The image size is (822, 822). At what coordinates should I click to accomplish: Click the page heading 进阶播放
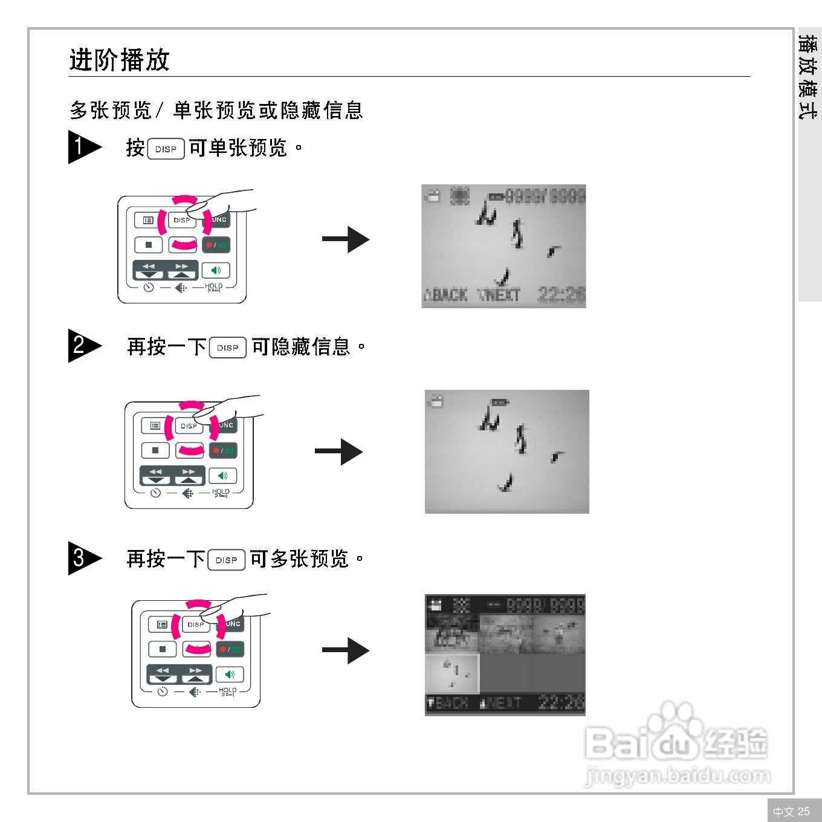(119, 60)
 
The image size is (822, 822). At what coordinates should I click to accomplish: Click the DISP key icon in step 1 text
(166, 149)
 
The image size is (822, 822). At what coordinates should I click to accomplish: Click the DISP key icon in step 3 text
(226, 560)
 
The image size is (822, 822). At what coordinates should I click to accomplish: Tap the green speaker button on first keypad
(216, 270)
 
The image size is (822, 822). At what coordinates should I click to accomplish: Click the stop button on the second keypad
(155, 450)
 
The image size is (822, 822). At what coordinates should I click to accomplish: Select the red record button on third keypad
(230, 649)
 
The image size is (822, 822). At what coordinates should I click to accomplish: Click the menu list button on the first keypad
(147, 220)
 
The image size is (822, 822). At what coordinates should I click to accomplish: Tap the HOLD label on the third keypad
(228, 690)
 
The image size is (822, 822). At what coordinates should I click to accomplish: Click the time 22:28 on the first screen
(561, 294)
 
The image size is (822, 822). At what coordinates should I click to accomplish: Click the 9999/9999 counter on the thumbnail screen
(545, 605)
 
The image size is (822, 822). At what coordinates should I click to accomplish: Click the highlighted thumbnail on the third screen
(451, 673)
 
